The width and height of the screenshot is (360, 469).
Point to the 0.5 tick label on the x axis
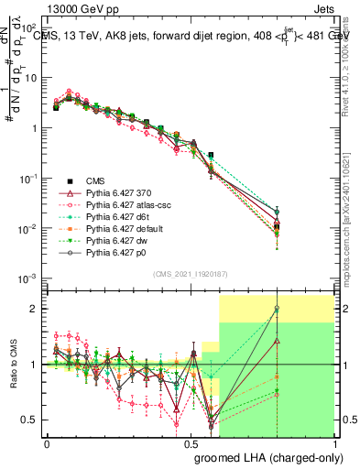click(x=191, y=444)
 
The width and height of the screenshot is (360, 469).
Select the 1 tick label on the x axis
click(x=336, y=444)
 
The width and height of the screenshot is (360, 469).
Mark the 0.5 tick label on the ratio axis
click(x=33, y=420)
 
